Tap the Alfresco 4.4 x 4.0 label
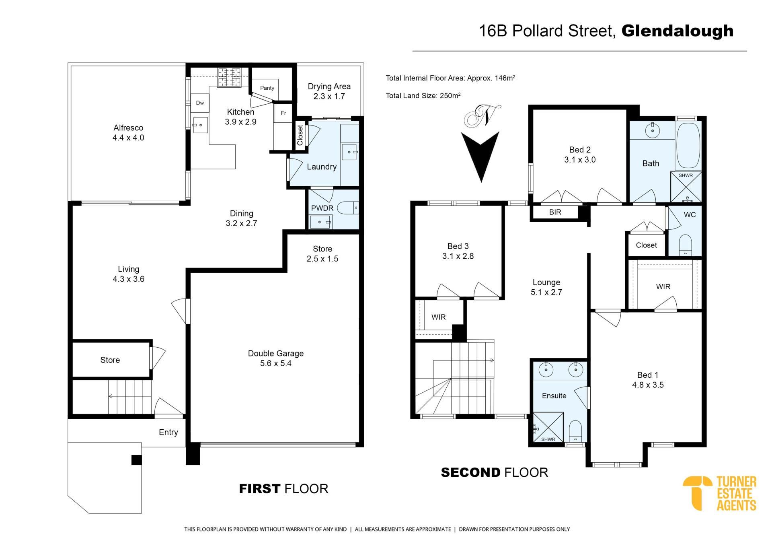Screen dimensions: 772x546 (x=128, y=132)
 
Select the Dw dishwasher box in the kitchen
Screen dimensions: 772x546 (x=200, y=103)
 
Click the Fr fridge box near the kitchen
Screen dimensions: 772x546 (x=283, y=113)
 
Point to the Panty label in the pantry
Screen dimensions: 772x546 (x=267, y=88)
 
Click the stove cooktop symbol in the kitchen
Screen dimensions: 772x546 (x=229, y=77)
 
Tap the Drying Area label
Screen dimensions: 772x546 (x=329, y=91)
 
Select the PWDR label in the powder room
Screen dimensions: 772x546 (x=322, y=208)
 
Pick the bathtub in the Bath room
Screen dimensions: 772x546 (x=688, y=146)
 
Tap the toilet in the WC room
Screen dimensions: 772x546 (x=685, y=245)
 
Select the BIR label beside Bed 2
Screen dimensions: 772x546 (x=555, y=212)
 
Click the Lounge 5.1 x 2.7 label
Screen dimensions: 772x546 (x=546, y=287)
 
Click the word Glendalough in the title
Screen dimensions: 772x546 (x=678, y=31)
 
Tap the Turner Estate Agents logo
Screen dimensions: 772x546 (x=719, y=493)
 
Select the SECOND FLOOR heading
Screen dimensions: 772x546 (x=495, y=472)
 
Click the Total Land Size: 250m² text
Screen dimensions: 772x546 (x=423, y=96)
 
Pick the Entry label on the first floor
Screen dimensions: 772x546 (x=168, y=433)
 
